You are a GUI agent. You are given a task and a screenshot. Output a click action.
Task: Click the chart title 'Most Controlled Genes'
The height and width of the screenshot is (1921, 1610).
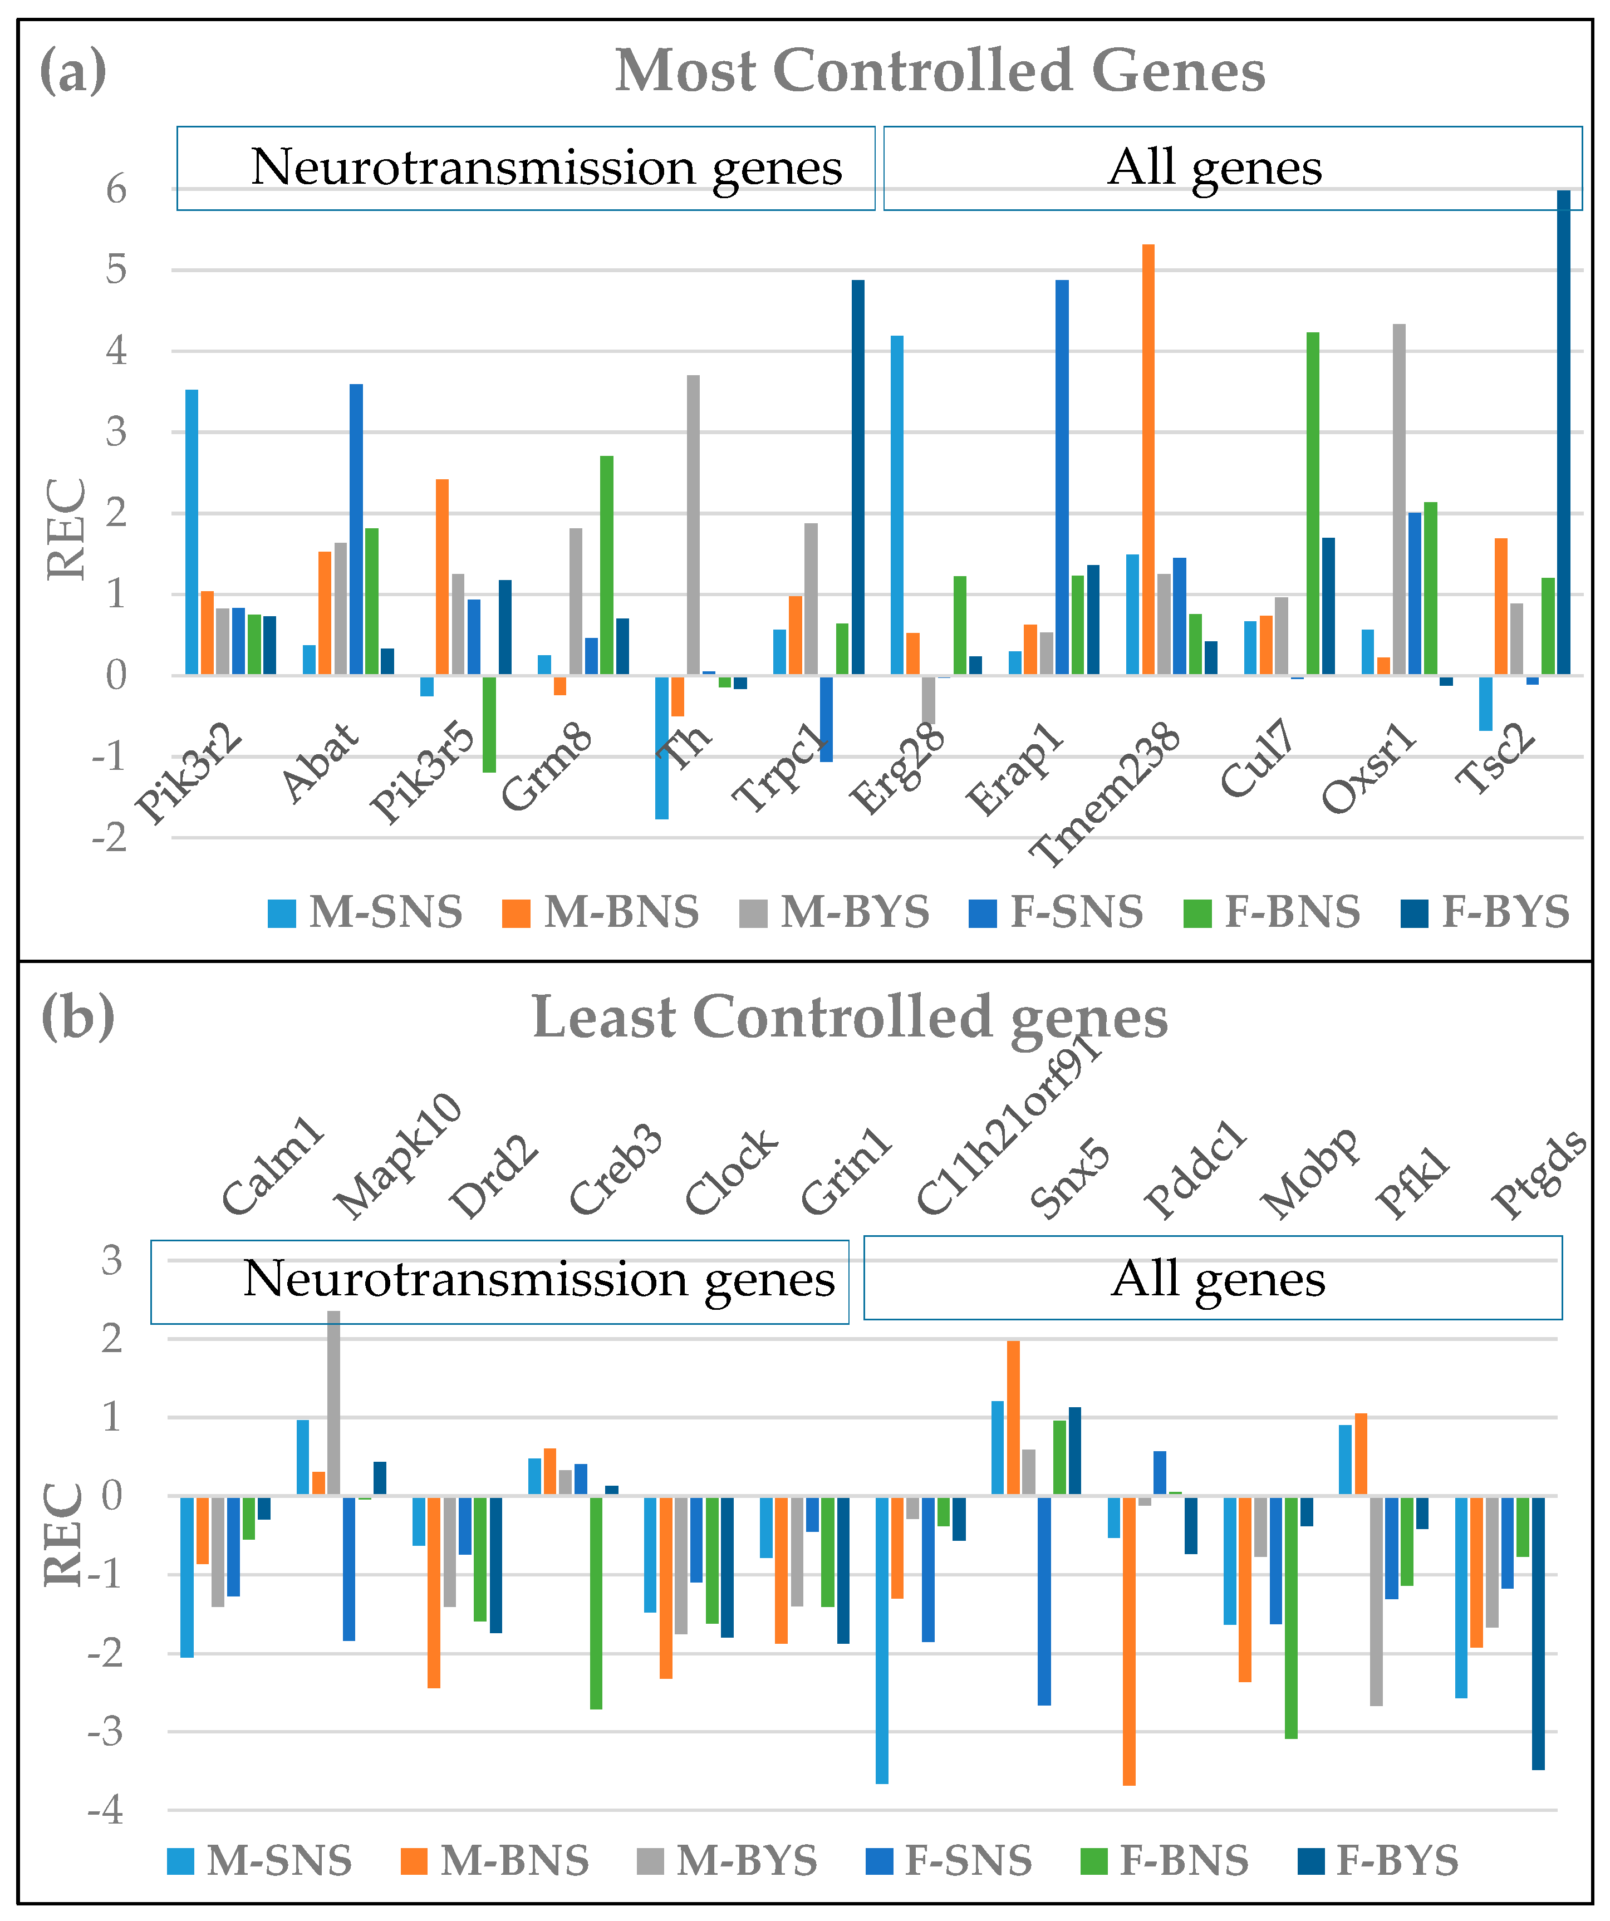[x=940, y=71]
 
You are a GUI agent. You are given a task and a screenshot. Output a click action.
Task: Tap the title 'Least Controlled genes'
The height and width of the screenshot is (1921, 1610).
[x=850, y=1017]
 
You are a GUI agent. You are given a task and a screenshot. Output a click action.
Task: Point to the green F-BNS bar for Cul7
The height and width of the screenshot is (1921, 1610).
[x=1313, y=503]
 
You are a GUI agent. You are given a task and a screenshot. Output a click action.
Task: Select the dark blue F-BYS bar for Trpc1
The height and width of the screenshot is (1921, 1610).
[x=858, y=476]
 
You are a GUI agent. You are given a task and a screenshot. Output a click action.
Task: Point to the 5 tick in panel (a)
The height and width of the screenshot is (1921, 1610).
[x=116, y=270]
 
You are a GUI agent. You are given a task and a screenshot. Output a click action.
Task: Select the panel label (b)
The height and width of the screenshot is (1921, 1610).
[x=78, y=1016]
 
